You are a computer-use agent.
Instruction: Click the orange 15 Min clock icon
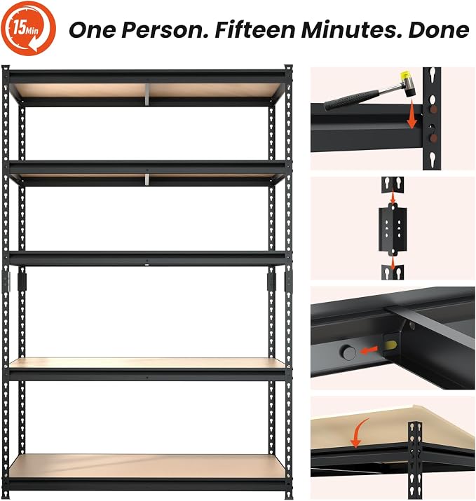coord(28,29)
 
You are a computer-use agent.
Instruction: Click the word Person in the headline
coord(165,30)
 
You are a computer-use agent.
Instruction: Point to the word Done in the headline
coord(439,30)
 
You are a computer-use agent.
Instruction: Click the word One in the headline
coord(93,30)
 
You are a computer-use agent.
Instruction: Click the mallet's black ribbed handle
coord(352,98)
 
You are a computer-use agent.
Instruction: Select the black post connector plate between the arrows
coord(393,229)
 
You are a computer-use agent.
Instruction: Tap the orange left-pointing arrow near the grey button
coord(369,351)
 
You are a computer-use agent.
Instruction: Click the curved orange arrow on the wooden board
coord(359,433)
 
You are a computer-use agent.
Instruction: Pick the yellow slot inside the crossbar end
coord(391,345)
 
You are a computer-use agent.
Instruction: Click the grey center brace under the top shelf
coord(147,95)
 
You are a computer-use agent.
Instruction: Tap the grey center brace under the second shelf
coord(147,179)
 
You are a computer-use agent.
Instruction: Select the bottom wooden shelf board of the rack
coord(147,466)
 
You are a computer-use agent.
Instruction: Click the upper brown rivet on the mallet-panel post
coord(434,109)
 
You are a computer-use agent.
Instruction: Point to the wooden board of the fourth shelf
coord(147,363)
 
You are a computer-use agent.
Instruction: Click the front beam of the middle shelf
coord(147,259)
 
